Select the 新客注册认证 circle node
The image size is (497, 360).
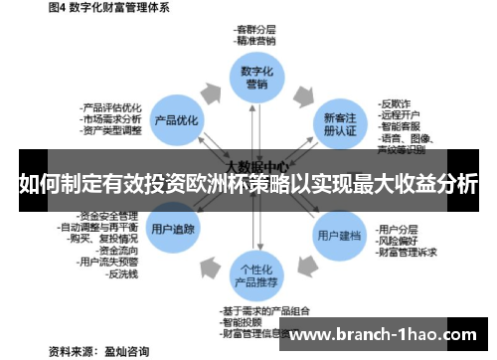(x=339, y=122)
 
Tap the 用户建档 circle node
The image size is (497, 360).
(x=338, y=236)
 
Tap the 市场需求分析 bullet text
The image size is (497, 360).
(x=112, y=119)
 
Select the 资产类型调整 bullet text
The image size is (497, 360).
(x=112, y=130)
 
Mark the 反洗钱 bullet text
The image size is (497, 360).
(x=123, y=274)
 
